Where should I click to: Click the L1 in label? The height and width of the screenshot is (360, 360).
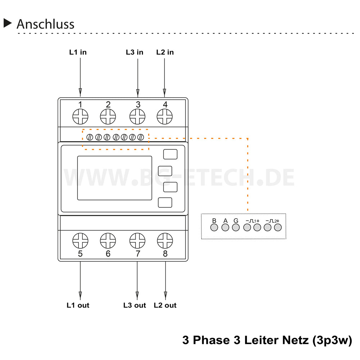click(x=78, y=52)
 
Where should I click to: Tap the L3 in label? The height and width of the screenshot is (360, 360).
click(x=134, y=52)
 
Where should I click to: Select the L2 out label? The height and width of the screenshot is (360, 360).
click(x=165, y=305)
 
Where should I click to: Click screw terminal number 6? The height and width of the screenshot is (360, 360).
click(x=108, y=240)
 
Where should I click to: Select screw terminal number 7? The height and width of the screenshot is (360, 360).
click(x=137, y=240)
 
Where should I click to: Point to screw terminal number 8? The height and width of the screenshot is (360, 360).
click(x=165, y=240)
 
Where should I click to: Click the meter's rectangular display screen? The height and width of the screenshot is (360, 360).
click(x=114, y=178)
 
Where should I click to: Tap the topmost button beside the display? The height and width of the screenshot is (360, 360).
click(x=170, y=154)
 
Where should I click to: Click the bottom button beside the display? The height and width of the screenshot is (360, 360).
click(x=165, y=203)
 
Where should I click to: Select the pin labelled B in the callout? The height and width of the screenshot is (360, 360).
click(x=214, y=228)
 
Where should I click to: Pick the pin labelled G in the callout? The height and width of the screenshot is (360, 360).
click(x=236, y=228)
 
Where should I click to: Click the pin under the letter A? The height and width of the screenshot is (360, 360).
click(x=225, y=228)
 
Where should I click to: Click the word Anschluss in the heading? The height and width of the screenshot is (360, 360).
click(x=45, y=24)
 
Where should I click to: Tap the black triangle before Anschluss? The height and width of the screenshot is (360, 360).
click(x=8, y=23)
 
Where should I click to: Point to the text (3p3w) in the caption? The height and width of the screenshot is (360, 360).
click(x=332, y=340)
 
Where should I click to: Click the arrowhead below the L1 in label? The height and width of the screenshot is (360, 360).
click(x=80, y=91)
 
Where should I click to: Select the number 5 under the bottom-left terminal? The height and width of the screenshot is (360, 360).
click(x=80, y=254)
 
